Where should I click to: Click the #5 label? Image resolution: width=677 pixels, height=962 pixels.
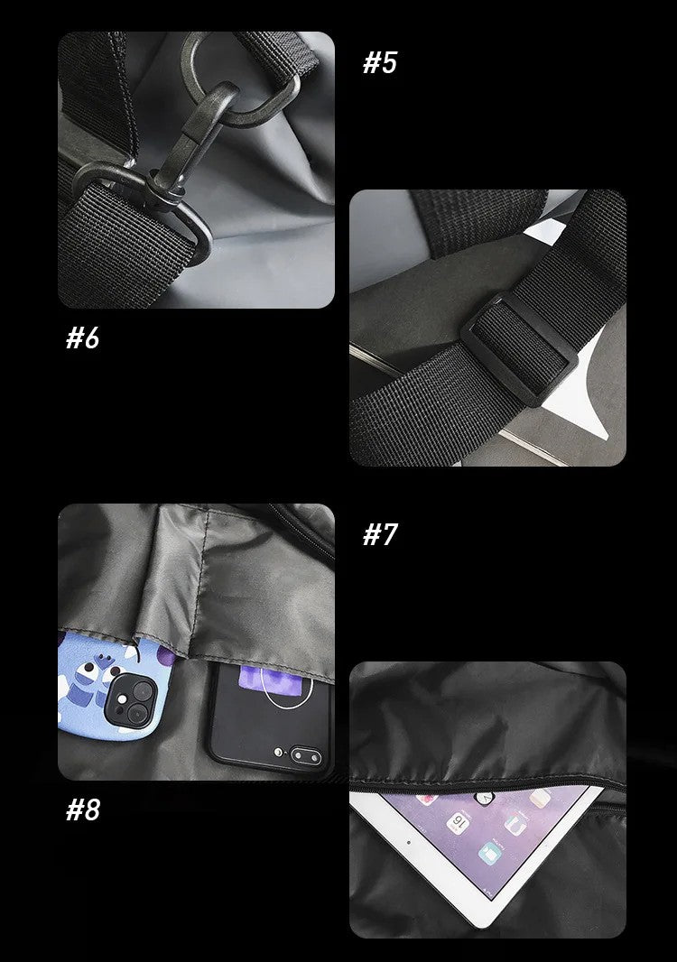click(380, 62)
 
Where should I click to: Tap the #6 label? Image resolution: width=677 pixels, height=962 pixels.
click(83, 338)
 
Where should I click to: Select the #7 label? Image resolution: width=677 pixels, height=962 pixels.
click(380, 534)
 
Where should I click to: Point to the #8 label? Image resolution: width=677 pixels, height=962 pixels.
click(83, 809)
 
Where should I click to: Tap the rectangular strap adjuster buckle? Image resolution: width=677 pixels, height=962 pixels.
click(519, 349)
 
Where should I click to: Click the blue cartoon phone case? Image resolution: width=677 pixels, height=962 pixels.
click(115, 687)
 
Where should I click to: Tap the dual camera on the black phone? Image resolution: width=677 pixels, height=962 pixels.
click(306, 756)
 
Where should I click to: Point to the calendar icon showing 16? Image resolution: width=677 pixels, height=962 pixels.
click(458, 822)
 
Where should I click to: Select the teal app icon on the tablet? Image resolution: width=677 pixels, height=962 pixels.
click(490, 854)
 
